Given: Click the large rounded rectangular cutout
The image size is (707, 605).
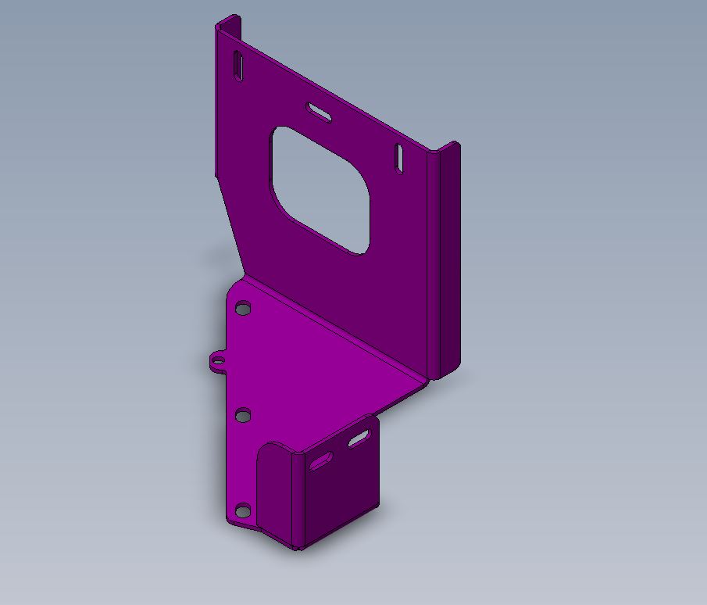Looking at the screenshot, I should coord(320,188).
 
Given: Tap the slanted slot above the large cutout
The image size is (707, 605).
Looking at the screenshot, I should coord(320,112).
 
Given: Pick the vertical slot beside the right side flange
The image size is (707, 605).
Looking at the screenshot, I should coord(398,158).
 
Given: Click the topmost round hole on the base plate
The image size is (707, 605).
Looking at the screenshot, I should coord(244,309).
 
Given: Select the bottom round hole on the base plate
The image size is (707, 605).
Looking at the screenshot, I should coord(243,512).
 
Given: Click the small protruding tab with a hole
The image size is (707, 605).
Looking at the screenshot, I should coord(217,360).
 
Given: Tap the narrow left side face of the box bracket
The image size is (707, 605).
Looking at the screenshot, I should coord(273,492).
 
